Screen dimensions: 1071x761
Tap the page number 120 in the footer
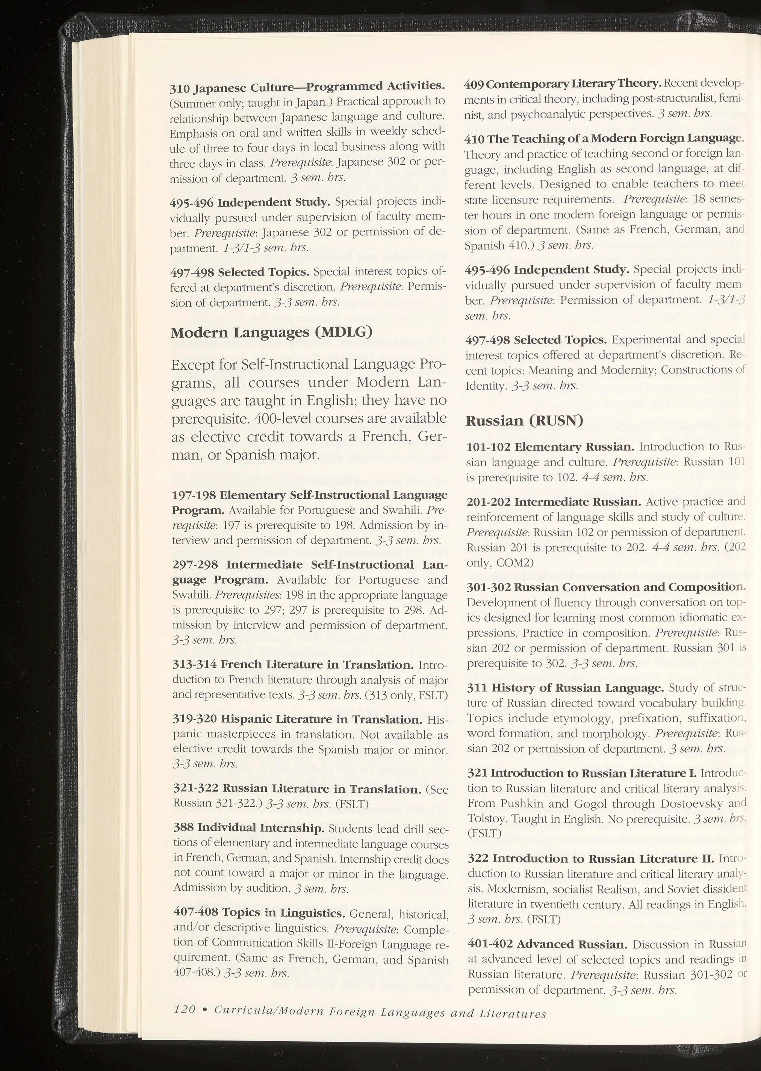pos(185,1009)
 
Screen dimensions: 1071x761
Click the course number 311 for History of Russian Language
pos(477,688)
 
